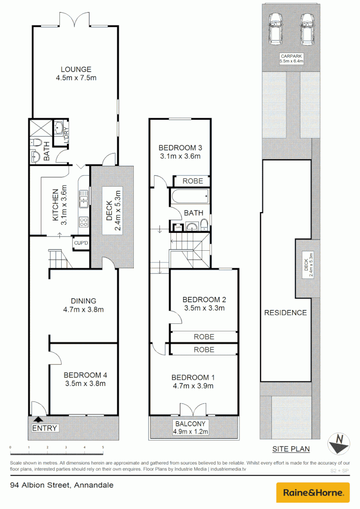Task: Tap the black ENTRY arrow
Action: click(x=38, y=419)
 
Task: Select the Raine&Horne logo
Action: click(x=312, y=493)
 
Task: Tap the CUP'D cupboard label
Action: click(x=81, y=243)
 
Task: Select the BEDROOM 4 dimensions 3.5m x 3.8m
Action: click(x=85, y=383)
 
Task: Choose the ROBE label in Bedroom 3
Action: click(x=193, y=181)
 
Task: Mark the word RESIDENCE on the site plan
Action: click(x=285, y=312)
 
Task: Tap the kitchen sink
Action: click(x=84, y=198)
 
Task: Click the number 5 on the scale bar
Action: click(x=103, y=447)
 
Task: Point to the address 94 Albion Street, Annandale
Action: click(x=62, y=484)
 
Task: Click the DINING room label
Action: click(x=83, y=301)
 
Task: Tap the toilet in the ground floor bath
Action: click(x=37, y=142)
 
